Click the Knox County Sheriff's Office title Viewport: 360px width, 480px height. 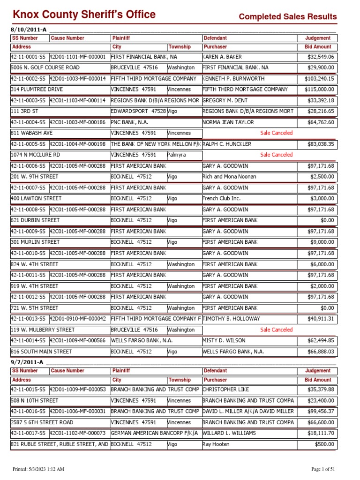tap(84, 15)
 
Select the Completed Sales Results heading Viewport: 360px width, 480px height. tap(288, 17)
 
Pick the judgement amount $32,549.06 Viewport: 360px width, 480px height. tap(320, 57)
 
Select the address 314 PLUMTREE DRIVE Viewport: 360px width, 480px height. tap(37, 90)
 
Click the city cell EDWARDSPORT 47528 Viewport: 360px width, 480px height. tap(138, 111)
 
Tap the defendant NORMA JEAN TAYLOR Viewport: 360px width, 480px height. tap(228, 122)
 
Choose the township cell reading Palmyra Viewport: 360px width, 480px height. tap(177, 155)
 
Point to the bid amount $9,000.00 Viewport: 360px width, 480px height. tap(322, 242)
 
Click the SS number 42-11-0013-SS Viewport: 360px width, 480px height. tap(28, 319)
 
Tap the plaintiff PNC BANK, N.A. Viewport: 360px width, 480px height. tap(129, 122)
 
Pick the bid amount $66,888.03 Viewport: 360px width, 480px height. tap(320, 352)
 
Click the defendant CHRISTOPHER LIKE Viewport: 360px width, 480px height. tap(225, 390)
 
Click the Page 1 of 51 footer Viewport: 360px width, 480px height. tap(324, 469)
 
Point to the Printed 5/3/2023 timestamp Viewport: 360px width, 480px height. tap(38, 469)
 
